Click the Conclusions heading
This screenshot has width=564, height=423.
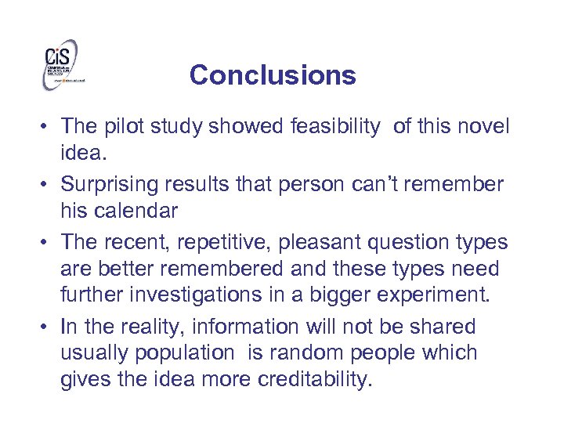point(272,75)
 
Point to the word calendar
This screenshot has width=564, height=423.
point(134,211)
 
